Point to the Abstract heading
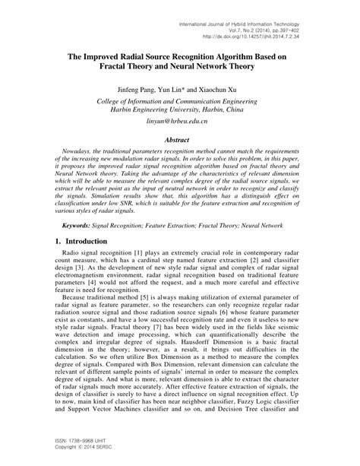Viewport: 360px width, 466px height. click(x=181, y=140)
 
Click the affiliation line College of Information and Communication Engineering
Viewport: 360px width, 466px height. click(x=180, y=100)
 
